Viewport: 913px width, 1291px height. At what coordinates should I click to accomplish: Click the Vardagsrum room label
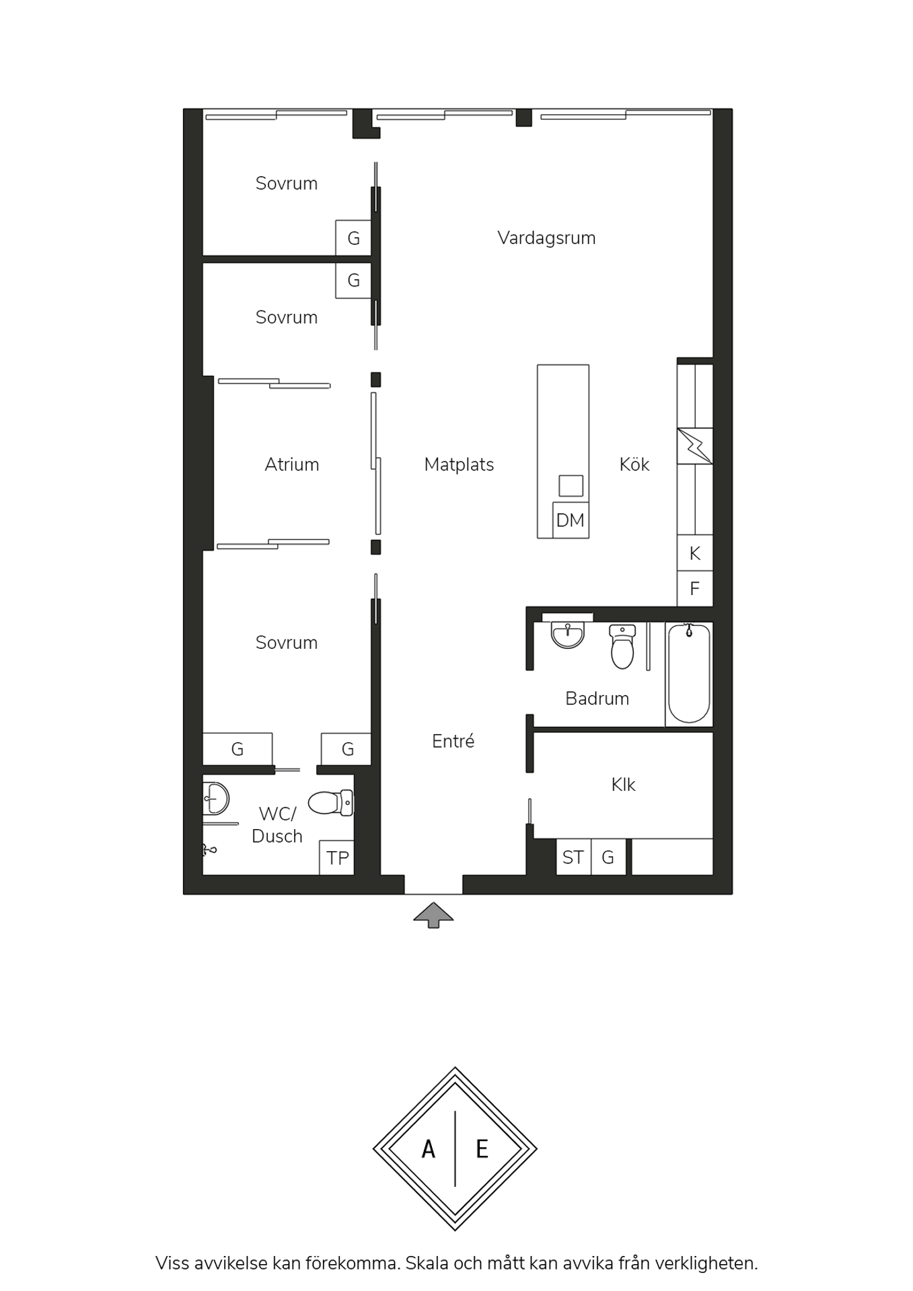point(546,238)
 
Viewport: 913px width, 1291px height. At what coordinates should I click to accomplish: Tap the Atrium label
point(291,465)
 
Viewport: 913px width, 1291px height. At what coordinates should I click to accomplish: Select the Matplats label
point(459,465)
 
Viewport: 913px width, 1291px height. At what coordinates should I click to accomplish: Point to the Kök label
point(634,464)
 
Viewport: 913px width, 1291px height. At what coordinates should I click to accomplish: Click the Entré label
point(453,741)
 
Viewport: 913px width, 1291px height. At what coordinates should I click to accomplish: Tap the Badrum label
point(597,699)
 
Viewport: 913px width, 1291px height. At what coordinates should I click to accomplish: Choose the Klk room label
point(623,785)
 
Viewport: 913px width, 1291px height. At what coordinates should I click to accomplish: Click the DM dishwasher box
point(571,520)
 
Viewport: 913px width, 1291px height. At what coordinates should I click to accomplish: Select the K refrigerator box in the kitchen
point(695,553)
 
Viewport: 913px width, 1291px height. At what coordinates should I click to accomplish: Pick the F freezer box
point(695,588)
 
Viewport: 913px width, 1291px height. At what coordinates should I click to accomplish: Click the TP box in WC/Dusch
point(336,857)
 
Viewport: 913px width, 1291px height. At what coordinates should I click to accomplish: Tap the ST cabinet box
point(573,857)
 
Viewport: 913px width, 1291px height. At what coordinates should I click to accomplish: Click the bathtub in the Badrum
point(689,674)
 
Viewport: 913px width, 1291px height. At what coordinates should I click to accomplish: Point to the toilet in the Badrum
point(622,647)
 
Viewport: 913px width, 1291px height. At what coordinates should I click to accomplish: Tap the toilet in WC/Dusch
point(330,802)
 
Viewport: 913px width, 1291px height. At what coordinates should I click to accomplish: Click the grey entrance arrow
point(433,915)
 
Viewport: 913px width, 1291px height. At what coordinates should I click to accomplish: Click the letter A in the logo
point(429,1149)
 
